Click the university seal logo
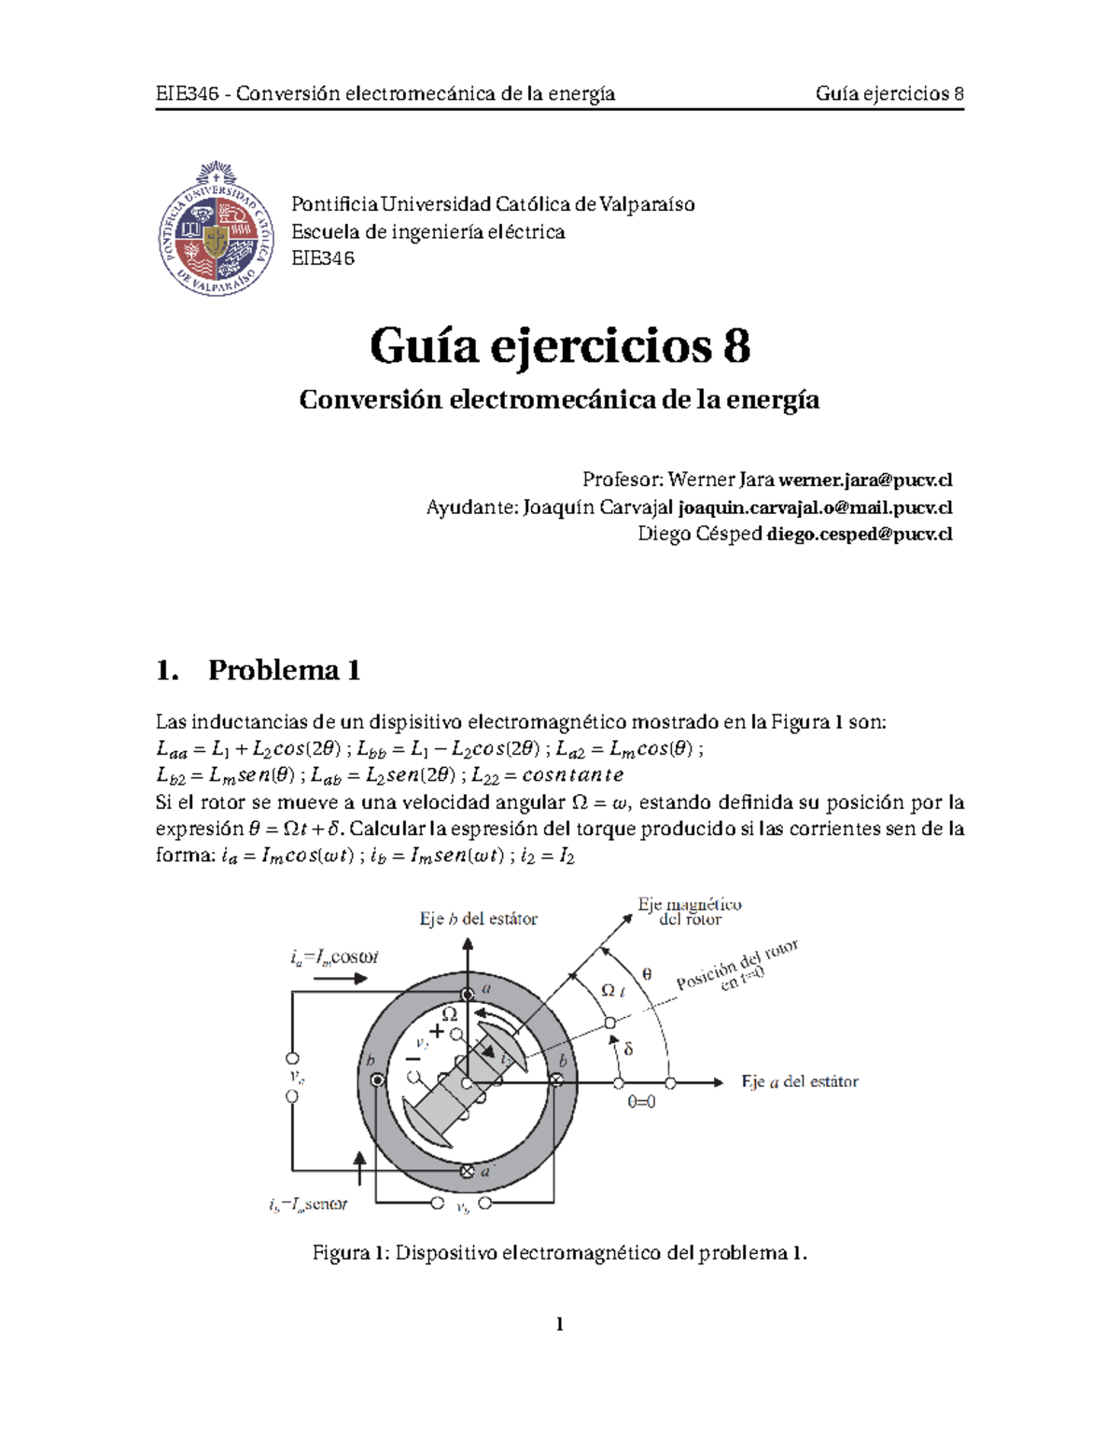click(217, 230)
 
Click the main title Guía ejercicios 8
click(560, 346)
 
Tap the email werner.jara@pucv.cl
click(865, 481)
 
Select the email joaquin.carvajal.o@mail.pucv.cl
click(815, 508)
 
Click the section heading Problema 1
click(284, 670)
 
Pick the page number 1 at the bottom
click(559, 1324)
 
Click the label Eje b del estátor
click(478, 919)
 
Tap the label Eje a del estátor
click(800, 1082)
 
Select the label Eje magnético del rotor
click(690, 912)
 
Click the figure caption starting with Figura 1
click(559, 1253)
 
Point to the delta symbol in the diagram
click(628, 1049)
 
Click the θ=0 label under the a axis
click(641, 1102)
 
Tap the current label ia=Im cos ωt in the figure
click(334, 957)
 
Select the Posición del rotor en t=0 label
click(737, 968)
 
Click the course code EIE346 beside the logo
click(323, 258)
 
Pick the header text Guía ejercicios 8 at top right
click(889, 93)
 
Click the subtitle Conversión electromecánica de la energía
click(559, 400)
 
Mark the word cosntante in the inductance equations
click(572, 775)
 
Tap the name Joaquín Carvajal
click(597, 508)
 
